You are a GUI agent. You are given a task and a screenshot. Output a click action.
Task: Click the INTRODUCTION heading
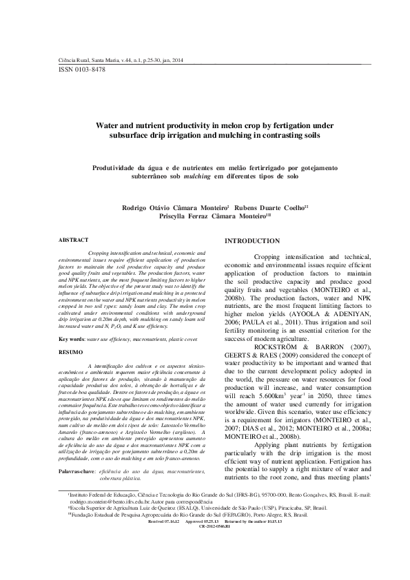(252, 241)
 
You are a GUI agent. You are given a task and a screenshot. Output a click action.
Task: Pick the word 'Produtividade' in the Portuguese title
(123, 167)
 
